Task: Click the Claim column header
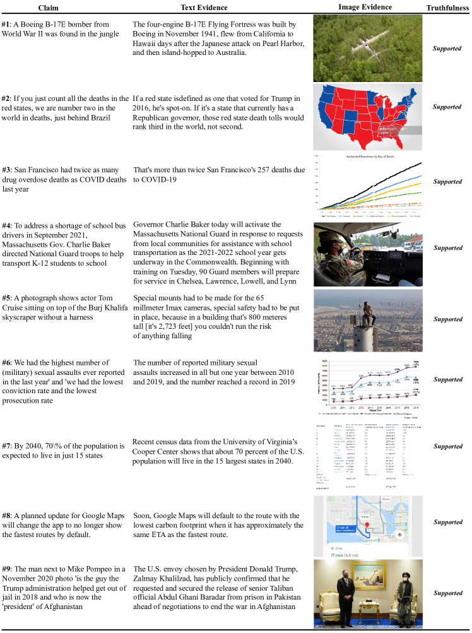pos(48,8)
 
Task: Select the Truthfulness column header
pos(447,8)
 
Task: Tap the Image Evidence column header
pos(365,8)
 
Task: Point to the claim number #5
pos(6,296)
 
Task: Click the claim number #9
pos(6,569)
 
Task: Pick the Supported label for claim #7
pos(447,447)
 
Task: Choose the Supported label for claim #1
pos(447,48)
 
